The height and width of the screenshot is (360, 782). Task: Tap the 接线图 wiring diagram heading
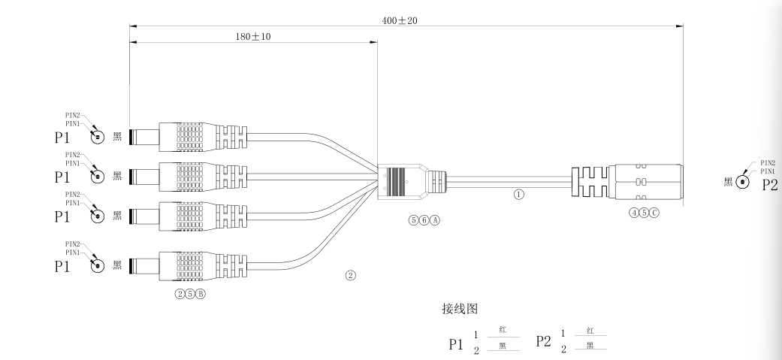pos(460,309)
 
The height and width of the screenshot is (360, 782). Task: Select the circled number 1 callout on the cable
pos(518,193)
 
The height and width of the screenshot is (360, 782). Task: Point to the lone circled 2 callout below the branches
pos(350,275)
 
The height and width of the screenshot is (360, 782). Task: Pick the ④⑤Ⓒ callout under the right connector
pos(644,213)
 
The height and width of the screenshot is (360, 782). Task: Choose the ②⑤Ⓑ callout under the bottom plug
pos(189,293)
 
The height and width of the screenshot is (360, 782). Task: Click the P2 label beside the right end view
pos(769,185)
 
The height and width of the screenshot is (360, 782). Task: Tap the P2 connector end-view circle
pos(743,182)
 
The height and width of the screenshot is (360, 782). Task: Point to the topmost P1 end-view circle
pos(97,137)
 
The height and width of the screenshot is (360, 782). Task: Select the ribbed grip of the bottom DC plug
pos(190,265)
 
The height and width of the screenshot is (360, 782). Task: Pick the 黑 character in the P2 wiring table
pos(590,346)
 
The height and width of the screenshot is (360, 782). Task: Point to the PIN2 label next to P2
pos(767,162)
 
